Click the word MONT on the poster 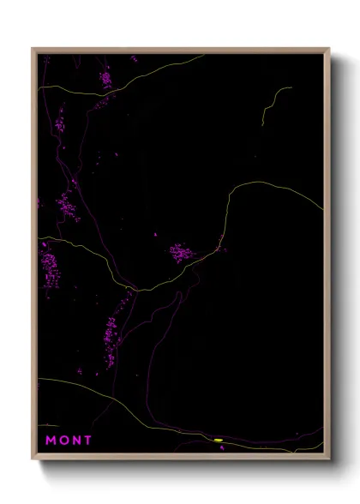click(x=69, y=441)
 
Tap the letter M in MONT click(x=51, y=441)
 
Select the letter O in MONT click(x=63, y=441)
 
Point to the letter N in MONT click(x=75, y=441)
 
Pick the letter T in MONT click(x=87, y=441)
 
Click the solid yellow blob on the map click(x=219, y=440)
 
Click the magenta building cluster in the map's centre click(x=182, y=252)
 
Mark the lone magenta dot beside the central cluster click(x=155, y=234)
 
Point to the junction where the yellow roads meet click(x=135, y=289)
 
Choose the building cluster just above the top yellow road click(x=105, y=80)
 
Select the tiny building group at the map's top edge click(x=134, y=59)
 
